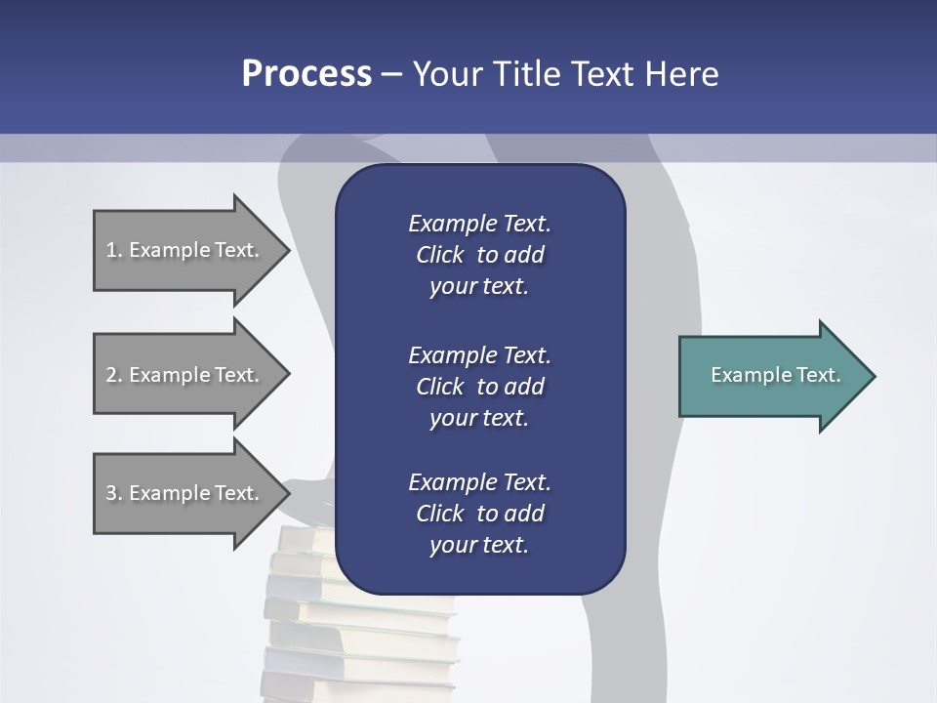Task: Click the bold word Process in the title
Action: tap(306, 74)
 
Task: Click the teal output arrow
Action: tap(771, 376)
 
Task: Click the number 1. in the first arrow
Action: tap(114, 250)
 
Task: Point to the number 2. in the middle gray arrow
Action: tap(114, 375)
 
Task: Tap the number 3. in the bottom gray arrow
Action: tap(114, 493)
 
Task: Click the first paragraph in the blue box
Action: tap(479, 255)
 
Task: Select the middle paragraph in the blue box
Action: tap(479, 387)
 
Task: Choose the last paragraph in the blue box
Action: tap(479, 514)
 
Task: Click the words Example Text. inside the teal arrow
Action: tap(775, 375)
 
